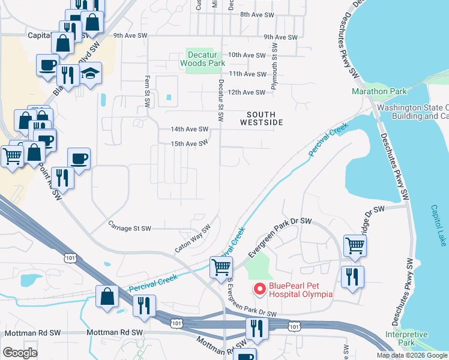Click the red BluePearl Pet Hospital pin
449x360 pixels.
tap(260, 289)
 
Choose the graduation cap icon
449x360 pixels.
tap(90, 74)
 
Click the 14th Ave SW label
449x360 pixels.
tap(189, 129)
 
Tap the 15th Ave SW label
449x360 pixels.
tap(189, 143)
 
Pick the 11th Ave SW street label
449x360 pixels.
tap(247, 74)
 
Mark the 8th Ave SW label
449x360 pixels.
tap(257, 14)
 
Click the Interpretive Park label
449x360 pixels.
tap(406, 338)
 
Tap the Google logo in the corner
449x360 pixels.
tap(20, 353)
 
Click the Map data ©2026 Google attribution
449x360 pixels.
tap(411, 355)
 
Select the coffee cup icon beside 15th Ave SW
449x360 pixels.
tap(79, 158)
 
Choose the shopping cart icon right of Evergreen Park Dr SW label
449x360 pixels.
tap(355, 245)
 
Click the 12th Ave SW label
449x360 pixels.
tap(247, 92)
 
